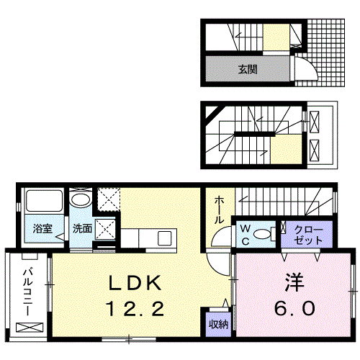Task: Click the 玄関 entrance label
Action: [248, 69]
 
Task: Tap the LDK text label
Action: [135, 283]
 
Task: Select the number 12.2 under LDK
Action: [135, 309]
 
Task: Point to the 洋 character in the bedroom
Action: [294, 282]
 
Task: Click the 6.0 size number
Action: [294, 308]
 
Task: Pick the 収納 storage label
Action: [218, 325]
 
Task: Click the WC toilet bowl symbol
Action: [262, 234]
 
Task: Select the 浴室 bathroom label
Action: [42, 228]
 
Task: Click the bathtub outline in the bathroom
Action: [44, 201]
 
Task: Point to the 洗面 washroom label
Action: [82, 228]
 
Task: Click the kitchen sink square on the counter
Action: [164, 238]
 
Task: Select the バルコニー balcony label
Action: [28, 292]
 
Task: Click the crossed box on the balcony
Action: [30, 328]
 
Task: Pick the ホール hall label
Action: [219, 210]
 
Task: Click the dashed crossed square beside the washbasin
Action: [109, 199]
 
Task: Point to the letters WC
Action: [246, 235]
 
